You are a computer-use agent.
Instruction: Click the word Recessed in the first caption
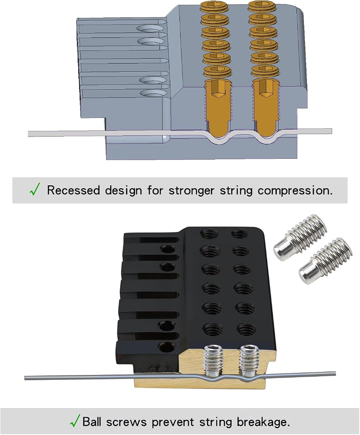point(73,191)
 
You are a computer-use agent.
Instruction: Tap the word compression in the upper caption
point(295,191)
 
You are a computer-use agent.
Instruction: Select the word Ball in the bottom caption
point(93,422)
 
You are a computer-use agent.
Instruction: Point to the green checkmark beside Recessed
point(35,189)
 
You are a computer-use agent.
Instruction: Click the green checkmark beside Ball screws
point(75,421)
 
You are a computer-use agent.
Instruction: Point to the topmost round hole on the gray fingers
point(151,29)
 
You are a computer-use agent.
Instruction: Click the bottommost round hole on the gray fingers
point(151,93)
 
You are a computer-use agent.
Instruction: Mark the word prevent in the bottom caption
point(173,422)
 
